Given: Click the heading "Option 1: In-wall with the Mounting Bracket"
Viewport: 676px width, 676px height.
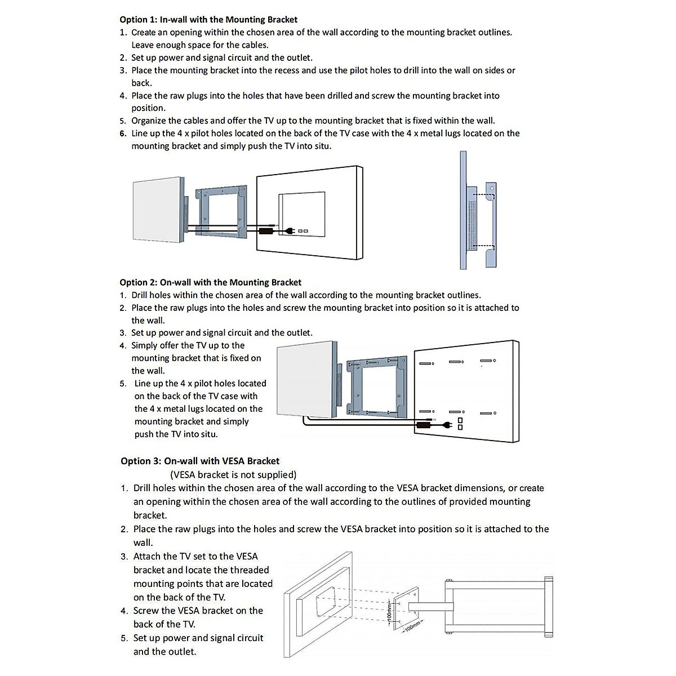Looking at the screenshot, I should (x=208, y=20).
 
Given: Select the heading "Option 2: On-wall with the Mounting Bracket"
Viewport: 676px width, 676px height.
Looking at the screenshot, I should (x=210, y=282).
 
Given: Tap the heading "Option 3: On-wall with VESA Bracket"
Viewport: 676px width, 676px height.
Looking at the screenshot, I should (x=200, y=461).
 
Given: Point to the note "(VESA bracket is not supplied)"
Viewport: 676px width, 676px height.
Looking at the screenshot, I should (x=233, y=474).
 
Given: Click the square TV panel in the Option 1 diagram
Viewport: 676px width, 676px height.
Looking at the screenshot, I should (x=158, y=211).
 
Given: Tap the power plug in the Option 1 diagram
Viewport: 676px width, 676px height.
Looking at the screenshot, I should (x=290, y=230).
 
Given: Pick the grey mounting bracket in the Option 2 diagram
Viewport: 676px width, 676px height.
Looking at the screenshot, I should (x=377, y=386).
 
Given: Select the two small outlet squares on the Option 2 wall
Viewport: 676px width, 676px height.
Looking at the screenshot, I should (x=460, y=424).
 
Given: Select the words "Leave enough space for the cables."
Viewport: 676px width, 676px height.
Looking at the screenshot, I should (x=199, y=45).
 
